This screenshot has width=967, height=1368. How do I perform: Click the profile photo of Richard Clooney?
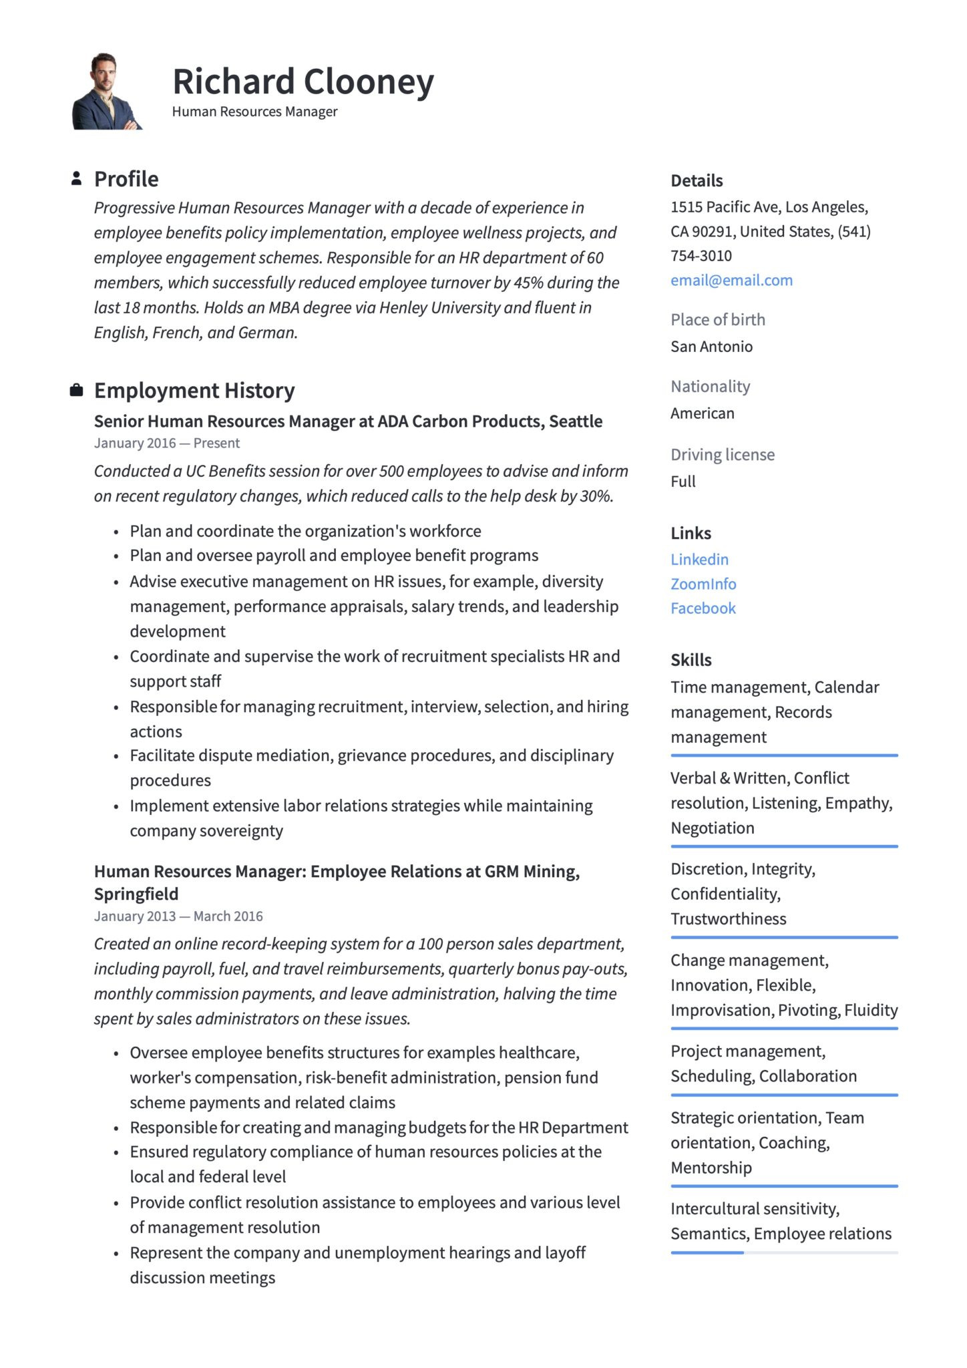pos(107,92)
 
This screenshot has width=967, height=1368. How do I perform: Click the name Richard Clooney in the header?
pos(303,81)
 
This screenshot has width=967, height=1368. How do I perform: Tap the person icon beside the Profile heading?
pos(77,178)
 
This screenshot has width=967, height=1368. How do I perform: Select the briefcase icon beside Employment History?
pos(77,390)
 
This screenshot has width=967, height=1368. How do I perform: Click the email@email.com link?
pos(731,281)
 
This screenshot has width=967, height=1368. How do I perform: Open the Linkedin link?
pos(699,560)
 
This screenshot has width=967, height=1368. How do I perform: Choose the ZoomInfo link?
pos(703,584)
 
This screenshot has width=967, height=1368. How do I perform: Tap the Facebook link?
pos(703,609)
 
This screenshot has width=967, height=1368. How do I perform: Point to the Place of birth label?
pos(718,320)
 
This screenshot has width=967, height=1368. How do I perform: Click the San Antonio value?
pos(711,347)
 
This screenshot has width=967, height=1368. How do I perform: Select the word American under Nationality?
pos(702,413)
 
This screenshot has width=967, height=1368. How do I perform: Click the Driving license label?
pos(723,455)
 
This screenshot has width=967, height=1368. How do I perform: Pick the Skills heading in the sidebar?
pos(691,660)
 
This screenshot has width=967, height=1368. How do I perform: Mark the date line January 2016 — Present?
pos(167,444)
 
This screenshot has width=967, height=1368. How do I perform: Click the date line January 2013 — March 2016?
pos(178,916)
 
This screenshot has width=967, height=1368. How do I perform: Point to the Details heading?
pos(697,181)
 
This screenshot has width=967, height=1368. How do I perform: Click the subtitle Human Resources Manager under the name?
pos(254,112)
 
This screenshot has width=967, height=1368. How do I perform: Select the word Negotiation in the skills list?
pos(713,828)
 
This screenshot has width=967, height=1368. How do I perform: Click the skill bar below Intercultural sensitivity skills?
pos(784,1252)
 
